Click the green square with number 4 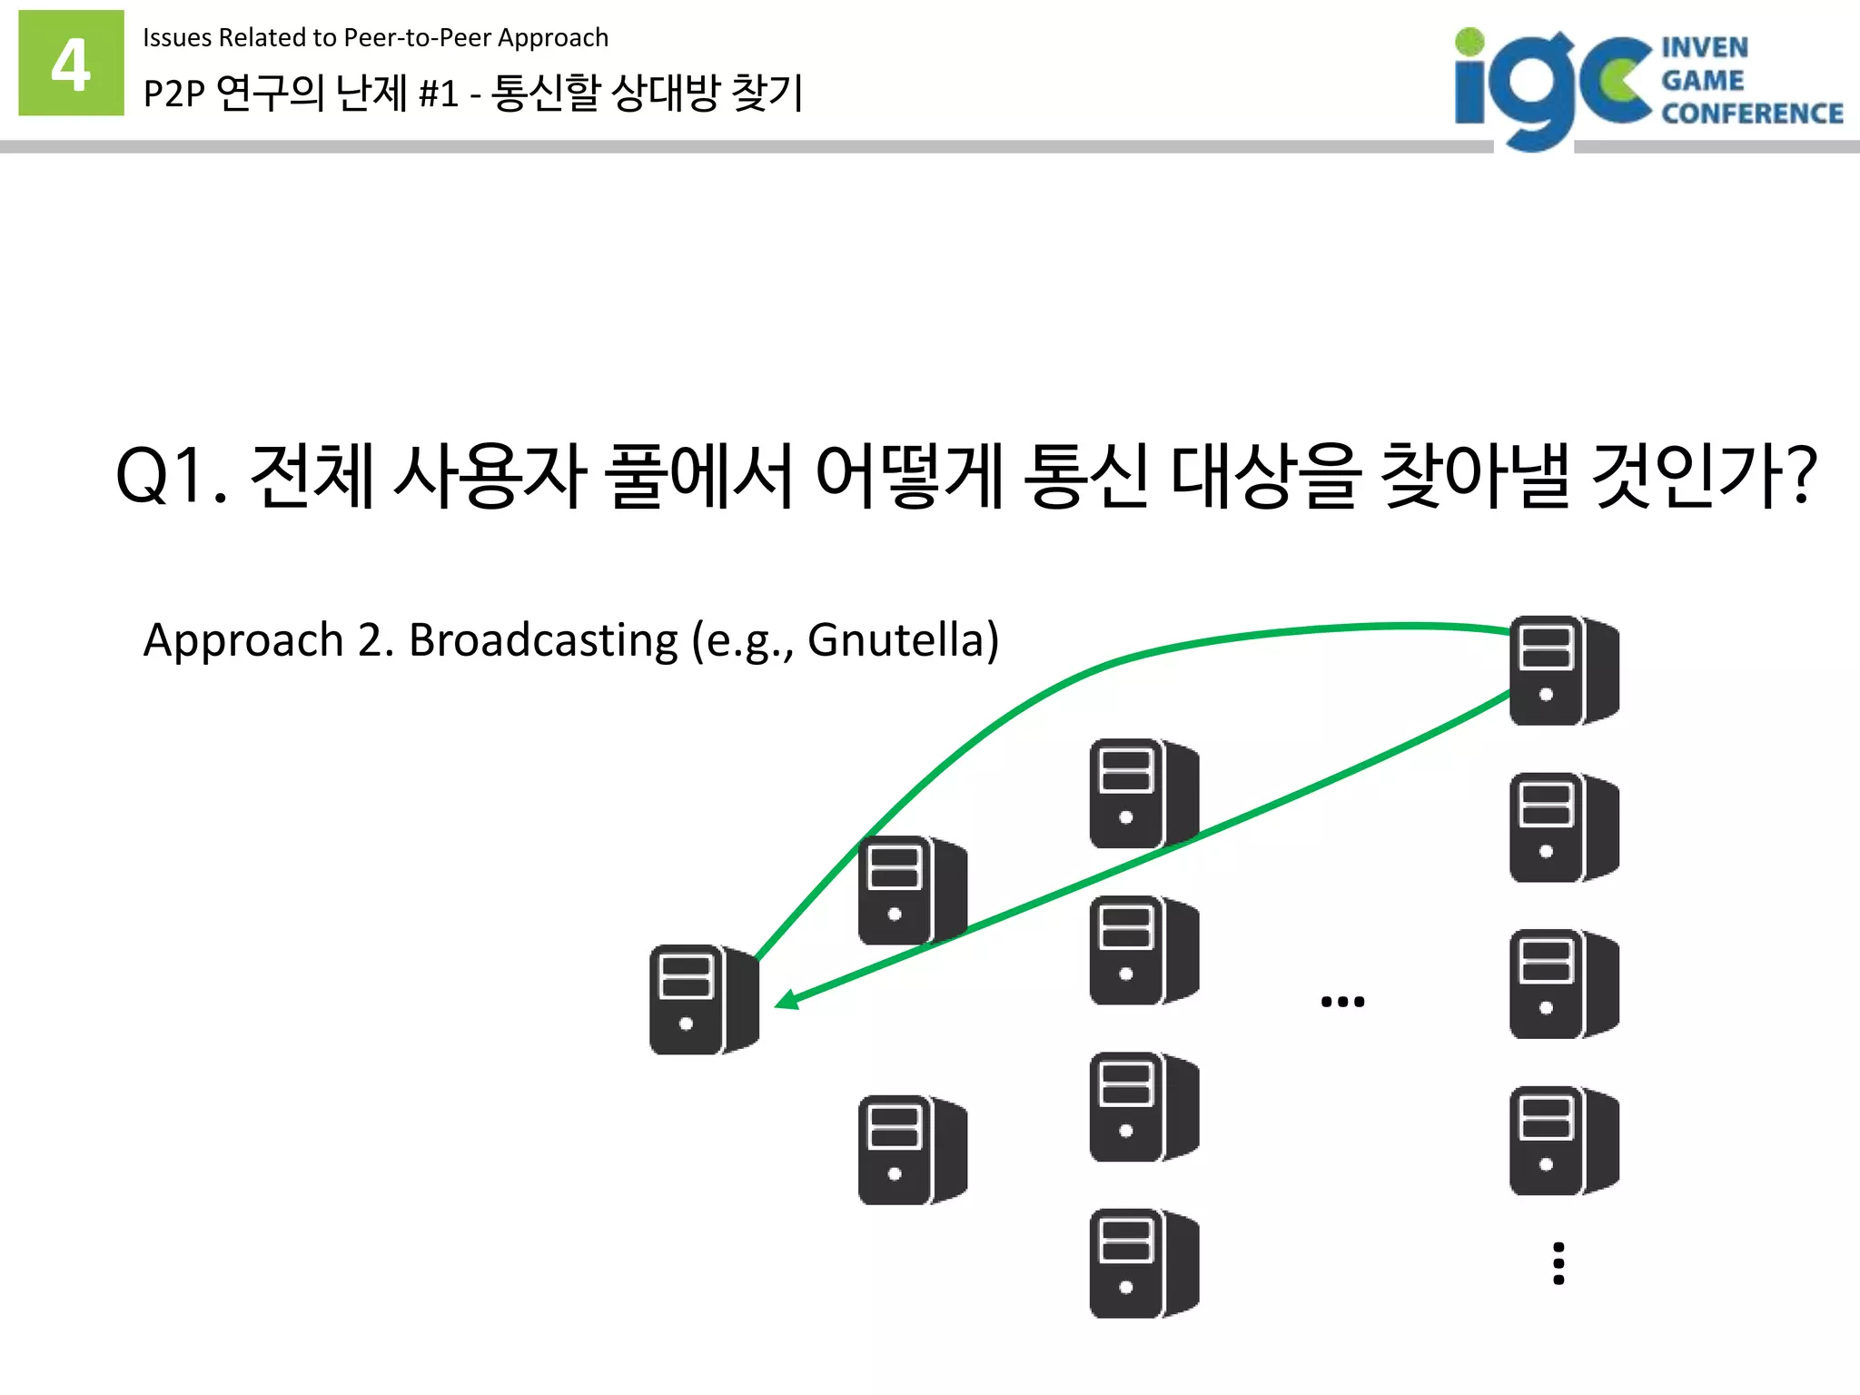pos(71,63)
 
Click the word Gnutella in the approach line pos(895,640)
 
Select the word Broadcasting pos(543,640)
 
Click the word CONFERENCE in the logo pos(1752,114)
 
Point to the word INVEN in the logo pos(1705,47)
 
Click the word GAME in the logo pos(1703,81)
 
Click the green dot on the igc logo pos(1469,42)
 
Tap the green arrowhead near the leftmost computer pos(787,999)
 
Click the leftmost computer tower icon pos(704,999)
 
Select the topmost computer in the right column pos(1564,670)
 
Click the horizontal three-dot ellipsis pos(1342,1002)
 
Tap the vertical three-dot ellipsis pos(1558,1263)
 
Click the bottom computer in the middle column pos(1143,1263)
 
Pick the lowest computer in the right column pos(1564,1141)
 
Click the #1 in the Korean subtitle pos(439,94)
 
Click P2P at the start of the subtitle pos(174,94)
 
